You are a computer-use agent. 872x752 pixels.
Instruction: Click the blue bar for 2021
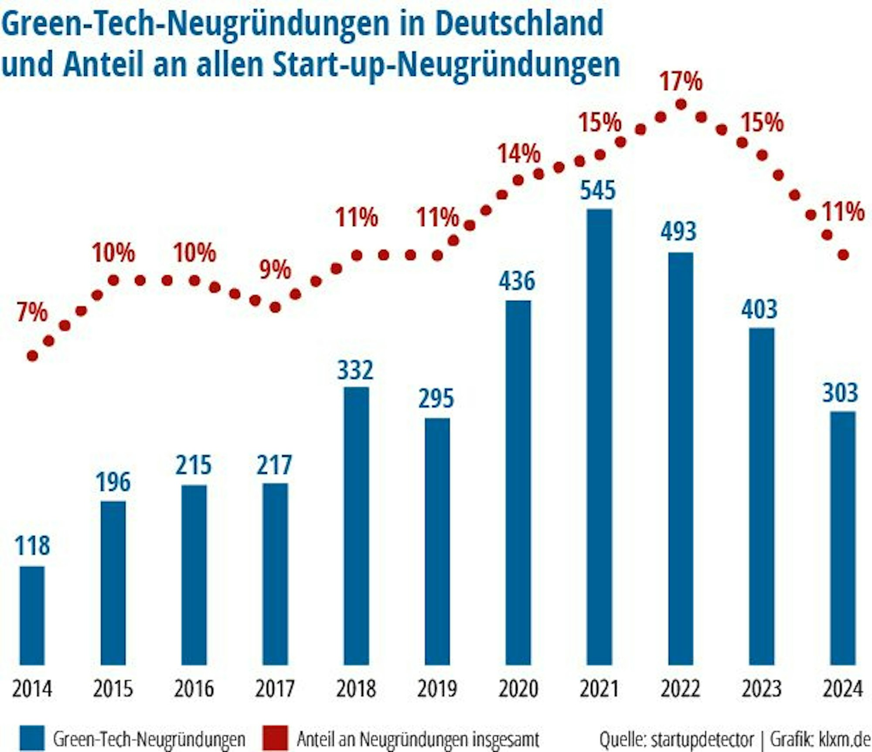[599, 436]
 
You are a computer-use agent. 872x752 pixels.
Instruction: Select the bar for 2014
[32, 615]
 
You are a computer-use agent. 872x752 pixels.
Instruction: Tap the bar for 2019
[437, 541]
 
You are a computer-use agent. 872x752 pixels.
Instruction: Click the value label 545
[597, 191]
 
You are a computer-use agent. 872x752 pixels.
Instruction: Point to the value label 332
[355, 370]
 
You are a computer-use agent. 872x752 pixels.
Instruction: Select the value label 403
[759, 309]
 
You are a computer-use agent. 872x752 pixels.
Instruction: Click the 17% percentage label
[680, 81]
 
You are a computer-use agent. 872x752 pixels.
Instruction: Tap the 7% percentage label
[32, 312]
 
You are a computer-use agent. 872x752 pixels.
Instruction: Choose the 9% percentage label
[275, 270]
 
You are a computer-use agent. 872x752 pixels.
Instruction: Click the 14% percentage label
[518, 154]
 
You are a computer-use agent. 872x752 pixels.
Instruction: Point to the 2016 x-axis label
[194, 689]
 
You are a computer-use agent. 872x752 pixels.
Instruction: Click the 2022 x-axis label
[680, 689]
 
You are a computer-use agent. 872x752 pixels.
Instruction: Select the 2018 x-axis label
[356, 689]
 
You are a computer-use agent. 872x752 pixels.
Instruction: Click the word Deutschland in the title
[519, 24]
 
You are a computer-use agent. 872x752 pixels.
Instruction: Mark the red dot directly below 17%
[681, 104]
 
